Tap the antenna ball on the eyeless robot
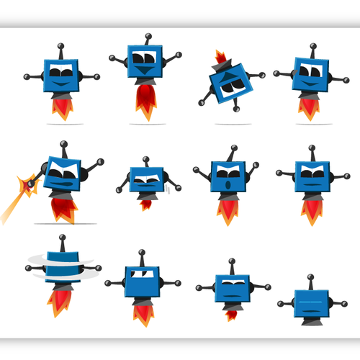pyautogui.click(x=310, y=277)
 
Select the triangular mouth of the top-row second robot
pyautogui.click(x=144, y=71)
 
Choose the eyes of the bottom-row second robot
pyautogui.click(x=142, y=273)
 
